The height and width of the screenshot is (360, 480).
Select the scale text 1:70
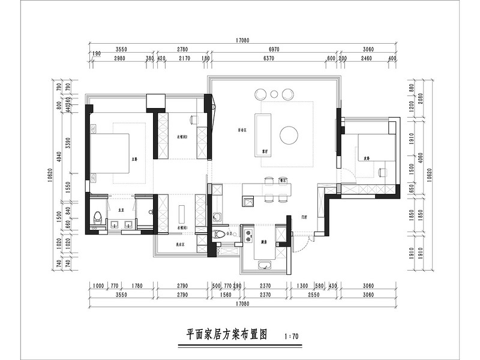point(291,337)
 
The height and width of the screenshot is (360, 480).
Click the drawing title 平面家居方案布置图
point(226,334)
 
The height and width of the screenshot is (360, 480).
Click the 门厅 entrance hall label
point(305,218)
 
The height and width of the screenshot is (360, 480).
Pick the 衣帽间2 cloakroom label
point(182,137)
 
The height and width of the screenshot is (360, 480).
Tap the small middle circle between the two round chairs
point(274,94)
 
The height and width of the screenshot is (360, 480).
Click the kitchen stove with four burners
point(247,234)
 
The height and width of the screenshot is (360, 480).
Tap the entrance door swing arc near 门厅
point(306,243)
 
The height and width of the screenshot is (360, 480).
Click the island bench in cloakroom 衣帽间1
point(181,215)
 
